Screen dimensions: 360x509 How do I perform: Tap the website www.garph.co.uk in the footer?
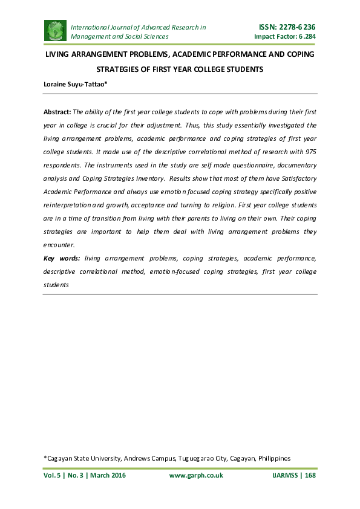click(x=196, y=475)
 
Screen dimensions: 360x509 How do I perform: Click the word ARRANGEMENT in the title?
click(x=103, y=54)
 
